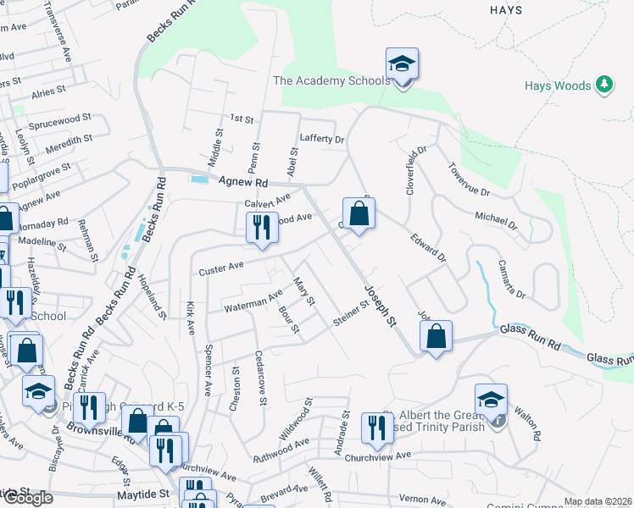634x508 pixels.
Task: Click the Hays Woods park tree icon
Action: click(x=603, y=85)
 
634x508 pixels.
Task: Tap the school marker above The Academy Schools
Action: click(x=402, y=65)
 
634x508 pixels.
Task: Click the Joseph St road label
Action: click(x=381, y=307)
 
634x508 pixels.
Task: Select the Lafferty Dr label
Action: click(x=322, y=139)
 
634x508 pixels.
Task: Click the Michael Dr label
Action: click(x=496, y=222)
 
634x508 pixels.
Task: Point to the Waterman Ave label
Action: click(x=253, y=302)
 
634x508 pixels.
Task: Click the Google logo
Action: click(x=27, y=498)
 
